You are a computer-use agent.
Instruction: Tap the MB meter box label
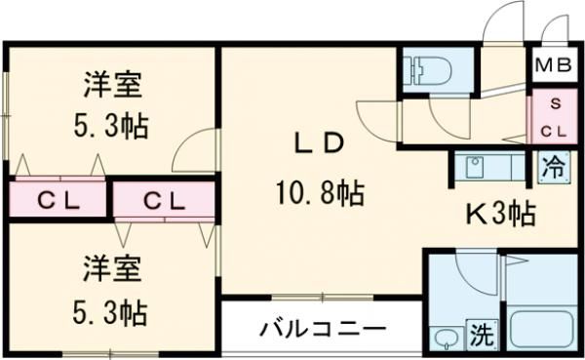point(553,66)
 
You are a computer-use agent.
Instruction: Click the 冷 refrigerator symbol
point(552,166)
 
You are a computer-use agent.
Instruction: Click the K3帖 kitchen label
point(500,213)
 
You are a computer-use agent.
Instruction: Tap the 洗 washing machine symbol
point(482,336)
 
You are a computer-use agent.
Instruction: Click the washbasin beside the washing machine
point(447,338)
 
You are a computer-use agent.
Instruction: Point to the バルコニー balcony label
point(322,330)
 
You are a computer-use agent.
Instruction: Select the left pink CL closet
point(58,201)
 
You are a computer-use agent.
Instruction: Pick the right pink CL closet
point(163,201)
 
